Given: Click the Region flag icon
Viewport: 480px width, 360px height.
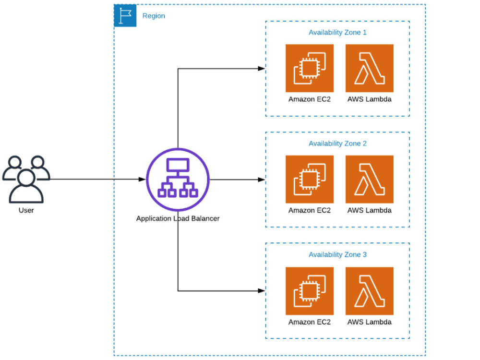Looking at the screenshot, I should tap(125, 16).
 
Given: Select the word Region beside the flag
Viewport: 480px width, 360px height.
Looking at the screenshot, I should tap(154, 16).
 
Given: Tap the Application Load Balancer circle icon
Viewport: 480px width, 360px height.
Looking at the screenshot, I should tap(178, 180).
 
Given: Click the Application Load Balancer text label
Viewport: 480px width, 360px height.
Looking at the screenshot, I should tap(178, 218).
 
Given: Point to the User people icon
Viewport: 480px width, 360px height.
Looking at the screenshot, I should tap(26, 178).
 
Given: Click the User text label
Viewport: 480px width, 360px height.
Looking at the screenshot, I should tap(26, 210).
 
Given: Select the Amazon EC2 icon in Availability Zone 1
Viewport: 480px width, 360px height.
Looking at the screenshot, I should tap(309, 68).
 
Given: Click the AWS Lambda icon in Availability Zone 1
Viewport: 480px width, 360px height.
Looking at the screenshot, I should tap(369, 68).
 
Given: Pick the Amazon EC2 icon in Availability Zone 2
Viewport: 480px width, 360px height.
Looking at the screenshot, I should tap(309, 179).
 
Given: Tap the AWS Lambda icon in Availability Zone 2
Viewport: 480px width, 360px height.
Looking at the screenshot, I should tap(369, 179).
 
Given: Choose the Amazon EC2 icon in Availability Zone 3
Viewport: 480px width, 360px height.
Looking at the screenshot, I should tap(309, 290).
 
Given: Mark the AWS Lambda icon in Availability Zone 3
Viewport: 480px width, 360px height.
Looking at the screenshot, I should tap(369, 290).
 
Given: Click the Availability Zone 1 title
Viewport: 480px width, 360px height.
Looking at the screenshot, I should tap(337, 33).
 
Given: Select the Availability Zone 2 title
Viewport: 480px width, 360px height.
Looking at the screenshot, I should tap(337, 144).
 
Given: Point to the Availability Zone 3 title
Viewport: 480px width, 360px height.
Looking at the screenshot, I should tap(337, 254).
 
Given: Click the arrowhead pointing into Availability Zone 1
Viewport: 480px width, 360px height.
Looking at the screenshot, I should tap(262, 69).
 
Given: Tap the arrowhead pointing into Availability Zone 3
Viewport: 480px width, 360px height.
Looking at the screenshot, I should tap(262, 291).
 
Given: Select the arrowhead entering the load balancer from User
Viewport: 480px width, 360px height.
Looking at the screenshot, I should tap(142, 180).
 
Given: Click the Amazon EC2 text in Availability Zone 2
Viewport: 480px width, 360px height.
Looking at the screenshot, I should tap(309, 210).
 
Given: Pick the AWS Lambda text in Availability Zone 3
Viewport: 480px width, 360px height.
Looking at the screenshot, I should tap(369, 322).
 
